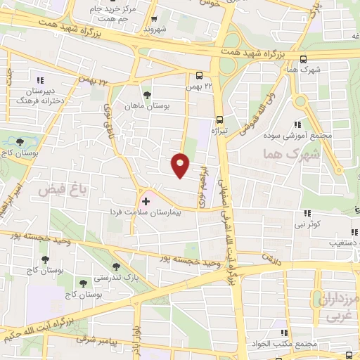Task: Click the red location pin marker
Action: pos(180,165)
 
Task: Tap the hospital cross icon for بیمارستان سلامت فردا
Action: pos(146,201)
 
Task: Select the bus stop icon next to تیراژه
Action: pos(219,119)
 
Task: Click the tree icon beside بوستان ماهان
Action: pos(146,95)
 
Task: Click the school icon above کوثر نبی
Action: pos(308,213)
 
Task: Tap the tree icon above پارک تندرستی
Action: pos(115,266)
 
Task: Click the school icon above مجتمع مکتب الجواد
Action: pos(283,333)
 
